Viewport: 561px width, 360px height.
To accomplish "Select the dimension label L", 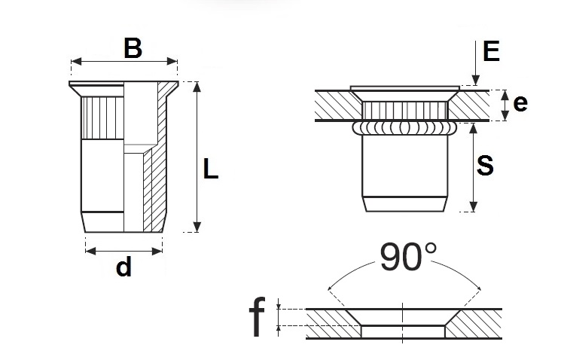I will point(212,170).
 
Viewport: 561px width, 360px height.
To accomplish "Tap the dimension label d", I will point(124,266).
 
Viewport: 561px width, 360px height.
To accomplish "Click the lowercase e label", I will point(519,105).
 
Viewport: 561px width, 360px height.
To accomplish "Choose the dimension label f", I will point(257,317).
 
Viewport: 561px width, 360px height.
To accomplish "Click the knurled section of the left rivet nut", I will point(101,117).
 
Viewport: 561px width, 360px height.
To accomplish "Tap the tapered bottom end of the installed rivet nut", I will point(405,204).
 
